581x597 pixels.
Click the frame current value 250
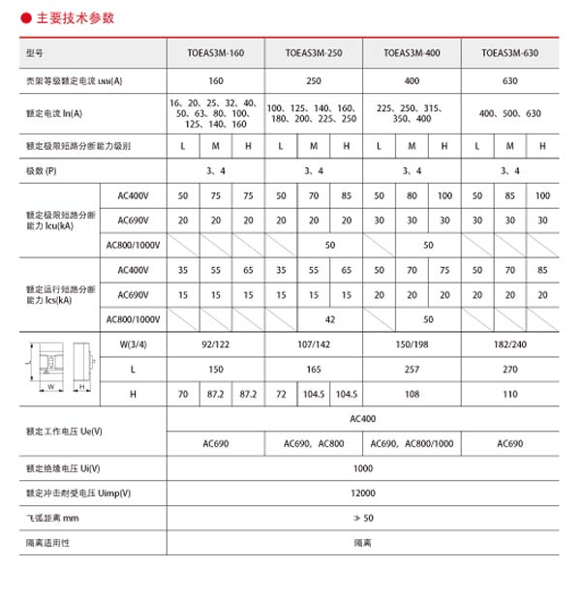[312, 81]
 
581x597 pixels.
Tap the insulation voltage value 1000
[362, 468]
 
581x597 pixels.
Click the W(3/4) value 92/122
[215, 343]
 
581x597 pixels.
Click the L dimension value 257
[412, 369]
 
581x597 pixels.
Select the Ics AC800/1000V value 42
[330, 318]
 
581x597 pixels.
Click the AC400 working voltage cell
[362, 420]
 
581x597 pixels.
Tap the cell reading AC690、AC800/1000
[412, 444]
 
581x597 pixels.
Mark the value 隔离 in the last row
[362, 544]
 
